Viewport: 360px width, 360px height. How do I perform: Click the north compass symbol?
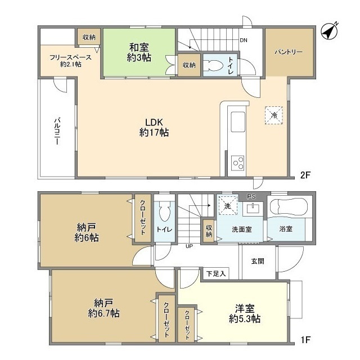coord(329,32)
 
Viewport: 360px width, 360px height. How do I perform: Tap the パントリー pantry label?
coord(289,52)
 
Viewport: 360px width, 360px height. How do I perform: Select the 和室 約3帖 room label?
coord(139,52)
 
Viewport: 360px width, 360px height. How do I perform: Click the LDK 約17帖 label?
coord(154,128)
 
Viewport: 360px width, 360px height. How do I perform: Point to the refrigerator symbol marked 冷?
coord(274,115)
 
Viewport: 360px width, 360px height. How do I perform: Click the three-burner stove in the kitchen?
coord(238,163)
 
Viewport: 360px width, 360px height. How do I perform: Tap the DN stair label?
coord(244,40)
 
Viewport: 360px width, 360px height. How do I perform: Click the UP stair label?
coord(189,246)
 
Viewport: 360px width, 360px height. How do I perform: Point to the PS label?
coord(251,196)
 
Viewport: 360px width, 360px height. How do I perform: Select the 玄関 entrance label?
coord(258,261)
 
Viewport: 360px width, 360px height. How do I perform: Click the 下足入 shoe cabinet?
coord(216,273)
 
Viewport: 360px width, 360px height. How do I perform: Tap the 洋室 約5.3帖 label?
coord(245,314)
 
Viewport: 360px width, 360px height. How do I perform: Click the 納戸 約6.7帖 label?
coord(103,308)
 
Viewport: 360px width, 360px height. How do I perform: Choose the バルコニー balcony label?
coord(57,131)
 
